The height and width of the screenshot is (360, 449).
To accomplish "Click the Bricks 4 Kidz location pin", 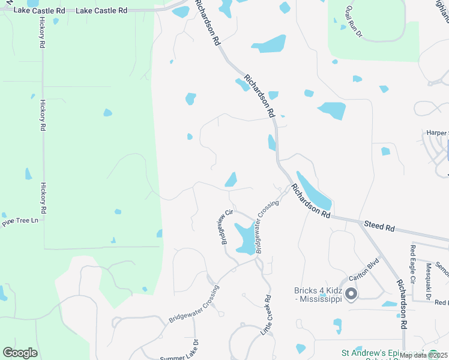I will tap(351, 294).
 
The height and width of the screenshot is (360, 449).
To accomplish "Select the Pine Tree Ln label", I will tap(20, 221).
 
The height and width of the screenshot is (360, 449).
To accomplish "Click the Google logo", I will tap(20, 353).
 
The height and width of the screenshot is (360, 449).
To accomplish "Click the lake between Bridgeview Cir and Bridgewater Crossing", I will tap(245, 238).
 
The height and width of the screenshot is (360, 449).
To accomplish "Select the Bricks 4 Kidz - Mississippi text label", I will tap(318, 295).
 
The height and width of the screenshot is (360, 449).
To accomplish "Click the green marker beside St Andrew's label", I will tap(433, 353).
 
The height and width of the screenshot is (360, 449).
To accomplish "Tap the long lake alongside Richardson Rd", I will tap(313, 191).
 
